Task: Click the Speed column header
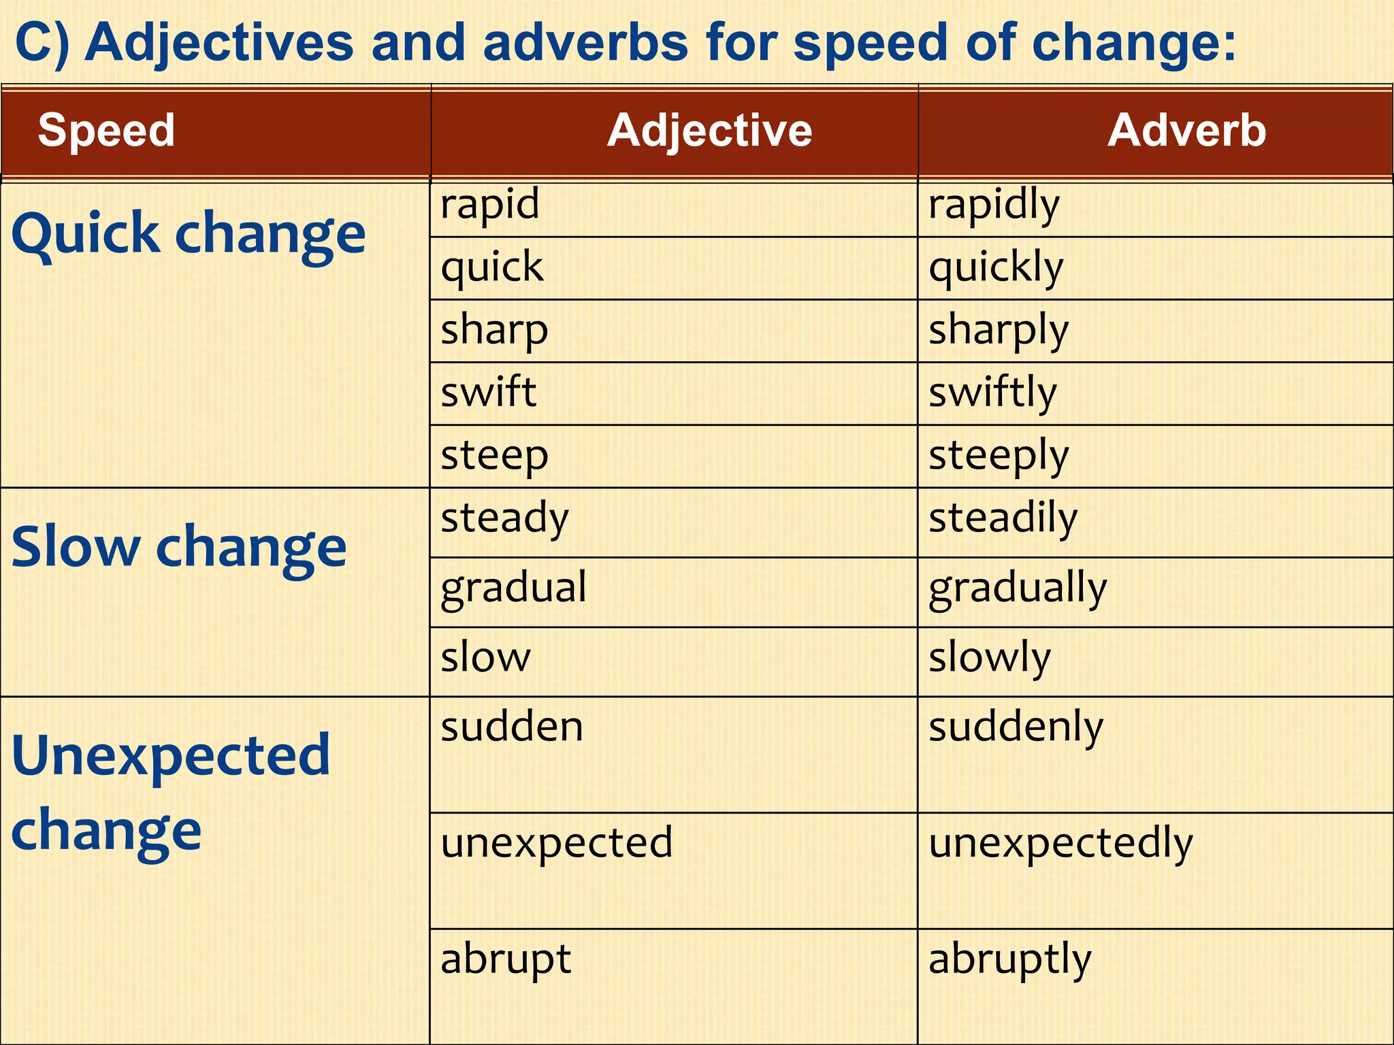[106, 130]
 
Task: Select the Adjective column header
[709, 130]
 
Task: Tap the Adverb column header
[1186, 130]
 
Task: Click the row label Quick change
[189, 233]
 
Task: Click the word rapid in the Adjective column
[490, 204]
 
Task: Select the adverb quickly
[996, 267]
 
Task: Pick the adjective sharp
[494, 330]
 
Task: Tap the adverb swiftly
[993, 393]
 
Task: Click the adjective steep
[494, 455]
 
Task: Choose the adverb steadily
[1003, 518]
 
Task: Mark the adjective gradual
[513, 588]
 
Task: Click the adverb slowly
[990, 657]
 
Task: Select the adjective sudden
[512, 727]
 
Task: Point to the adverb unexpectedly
[1060, 843]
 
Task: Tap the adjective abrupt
[506, 959]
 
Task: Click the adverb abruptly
[1010, 959]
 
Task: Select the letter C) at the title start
[42, 42]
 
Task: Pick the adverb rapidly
[994, 204]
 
